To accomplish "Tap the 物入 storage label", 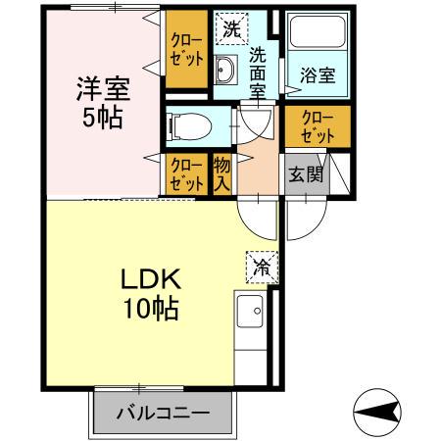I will pyautogui.click(x=222, y=173).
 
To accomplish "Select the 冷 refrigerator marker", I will pyautogui.click(x=262, y=265).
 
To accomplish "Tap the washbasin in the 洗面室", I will pyautogui.click(x=225, y=72).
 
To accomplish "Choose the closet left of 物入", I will pyautogui.click(x=184, y=173).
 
